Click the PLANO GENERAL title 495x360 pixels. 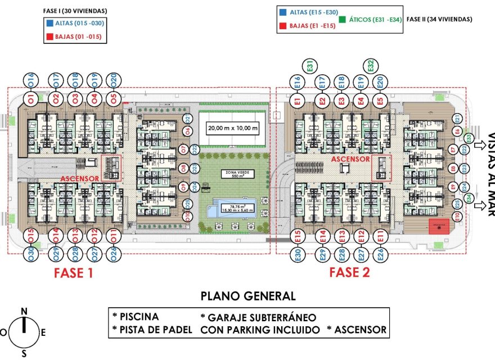(x=248, y=296)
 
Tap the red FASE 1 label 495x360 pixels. (x=73, y=273)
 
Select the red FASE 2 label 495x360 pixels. (x=349, y=272)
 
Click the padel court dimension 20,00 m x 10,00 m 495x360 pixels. (x=232, y=128)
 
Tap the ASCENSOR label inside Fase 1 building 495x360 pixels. (x=79, y=178)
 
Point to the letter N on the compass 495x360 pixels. (x=24, y=311)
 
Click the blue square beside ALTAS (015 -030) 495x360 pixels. (x=49, y=24)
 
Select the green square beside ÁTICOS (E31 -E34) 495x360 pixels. (x=343, y=19)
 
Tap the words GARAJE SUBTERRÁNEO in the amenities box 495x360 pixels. (x=258, y=317)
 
